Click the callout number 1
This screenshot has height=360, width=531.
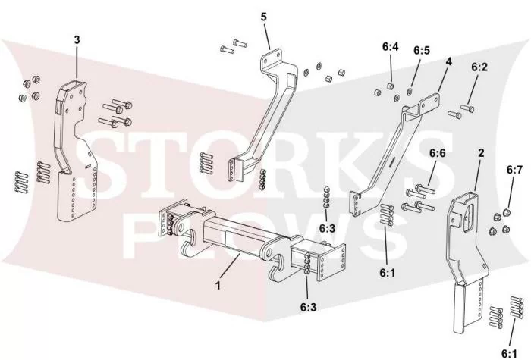coord(218,285)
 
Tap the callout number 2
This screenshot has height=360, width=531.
coord(481,153)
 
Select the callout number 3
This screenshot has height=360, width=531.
coord(77,39)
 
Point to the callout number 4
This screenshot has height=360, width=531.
coord(448,62)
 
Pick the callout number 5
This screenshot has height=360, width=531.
coord(264,17)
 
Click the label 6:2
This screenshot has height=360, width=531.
coord(479,67)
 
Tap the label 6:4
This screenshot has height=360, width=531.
coord(391,47)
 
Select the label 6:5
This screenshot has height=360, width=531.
coord(422,50)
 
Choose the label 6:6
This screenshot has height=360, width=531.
coord(438,153)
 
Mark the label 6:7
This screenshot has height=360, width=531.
coord(514,170)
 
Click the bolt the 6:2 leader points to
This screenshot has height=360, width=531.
coord(467,108)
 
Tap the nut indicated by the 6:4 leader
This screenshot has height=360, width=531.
coord(390,85)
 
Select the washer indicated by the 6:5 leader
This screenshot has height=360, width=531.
coord(409,91)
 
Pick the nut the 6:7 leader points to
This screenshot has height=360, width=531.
coord(506,212)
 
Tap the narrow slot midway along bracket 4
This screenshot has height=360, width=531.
coord(393,161)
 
